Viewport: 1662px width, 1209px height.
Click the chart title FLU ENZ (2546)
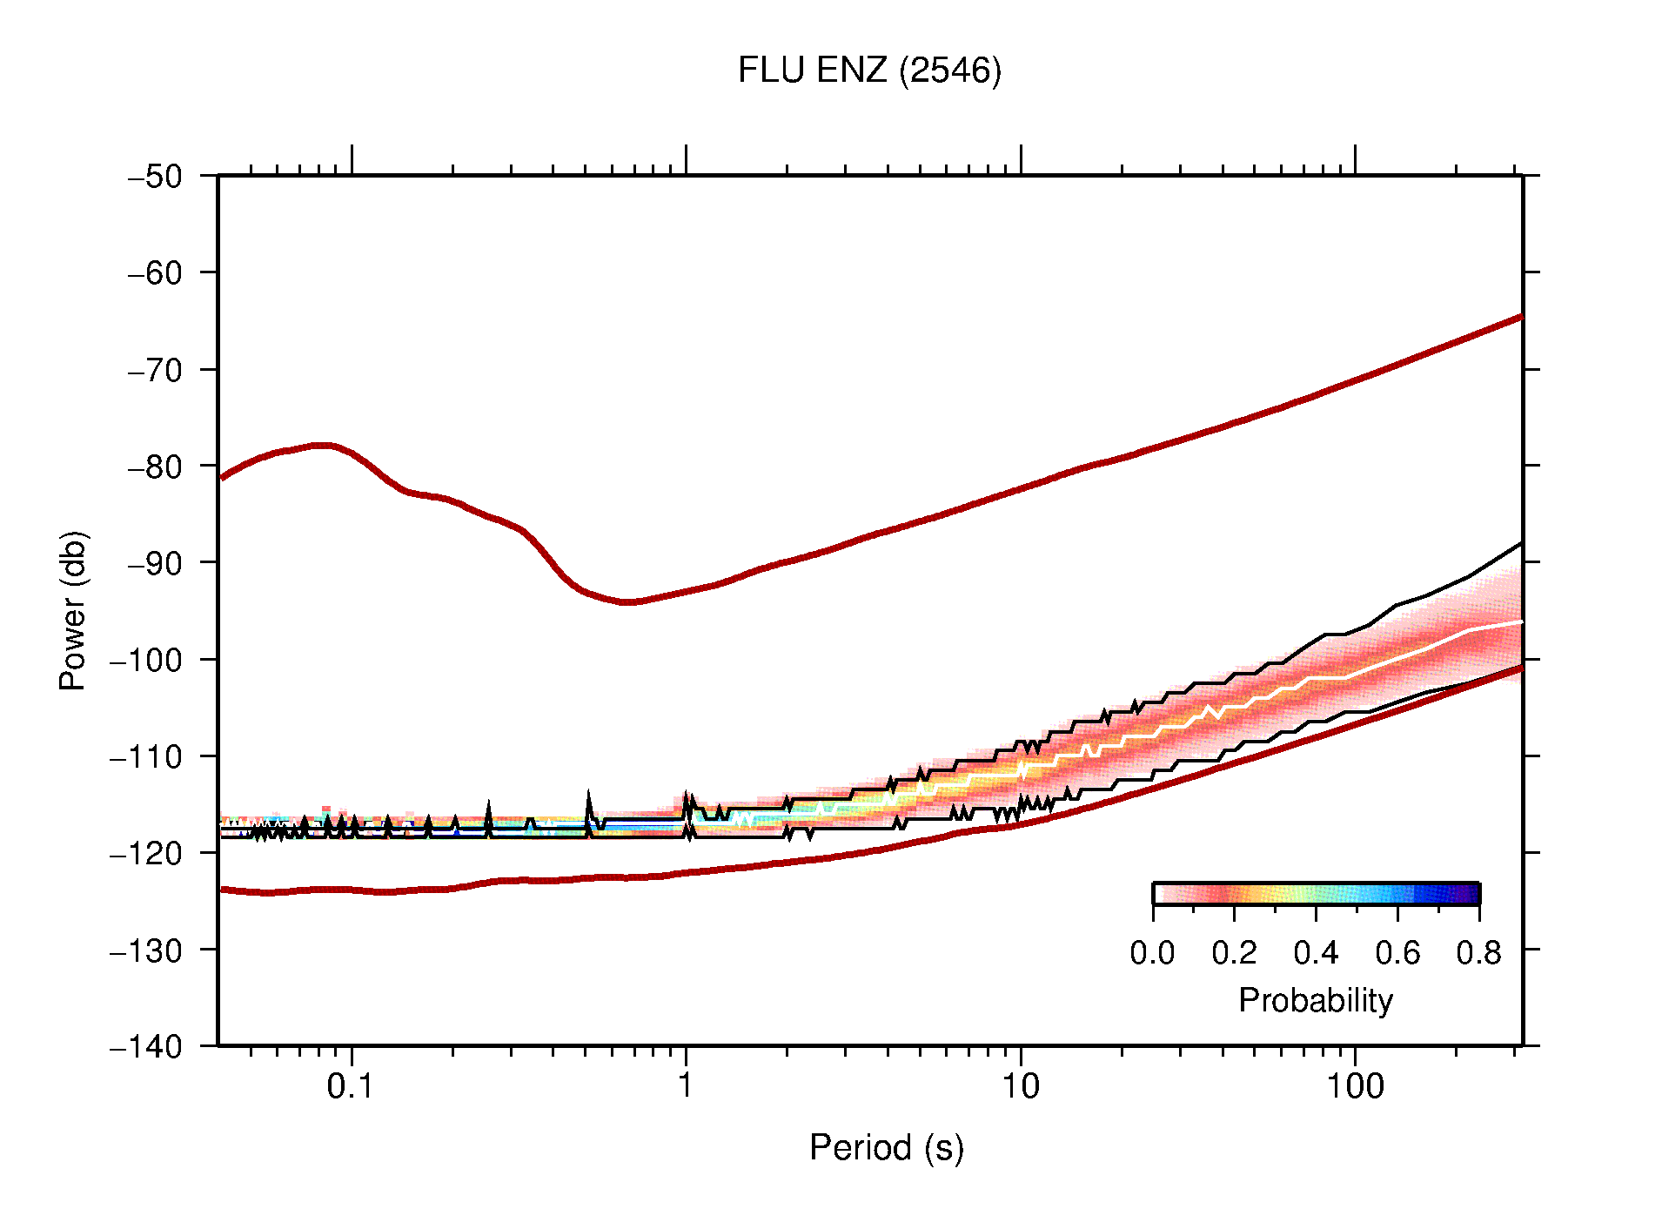pos(869,71)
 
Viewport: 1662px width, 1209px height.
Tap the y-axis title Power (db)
pos(74,610)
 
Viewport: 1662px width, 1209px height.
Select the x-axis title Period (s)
pos(886,1147)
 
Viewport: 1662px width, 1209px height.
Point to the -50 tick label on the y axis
pos(155,177)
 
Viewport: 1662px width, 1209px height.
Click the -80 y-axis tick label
pos(155,467)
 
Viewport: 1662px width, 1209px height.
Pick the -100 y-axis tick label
pos(146,660)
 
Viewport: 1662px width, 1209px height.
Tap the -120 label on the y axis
pos(146,853)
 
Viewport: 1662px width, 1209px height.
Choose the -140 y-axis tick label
pos(146,1046)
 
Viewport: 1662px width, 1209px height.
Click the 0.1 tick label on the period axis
pos(350,1086)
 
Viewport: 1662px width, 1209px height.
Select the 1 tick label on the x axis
pos(686,1086)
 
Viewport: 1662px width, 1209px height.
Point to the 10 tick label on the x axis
pos(1020,1086)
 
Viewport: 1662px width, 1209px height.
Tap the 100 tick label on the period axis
pos(1354,1086)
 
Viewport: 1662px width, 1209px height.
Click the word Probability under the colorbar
pos(1315,1000)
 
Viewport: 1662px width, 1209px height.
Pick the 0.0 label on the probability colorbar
pos(1152,953)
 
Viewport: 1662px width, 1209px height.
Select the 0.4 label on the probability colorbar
pos(1316,953)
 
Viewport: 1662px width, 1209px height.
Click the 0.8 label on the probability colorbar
pos(1478,953)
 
